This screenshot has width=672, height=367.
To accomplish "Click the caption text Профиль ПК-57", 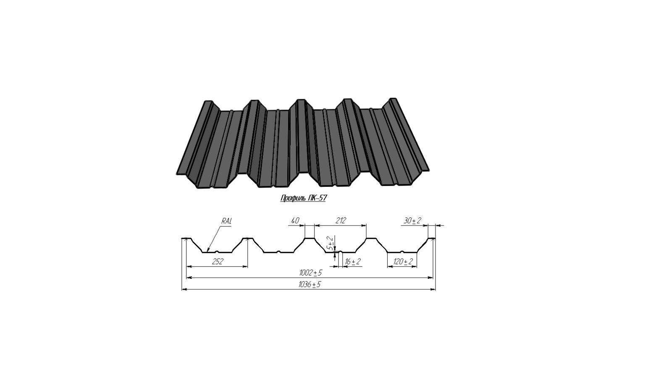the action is [303, 198].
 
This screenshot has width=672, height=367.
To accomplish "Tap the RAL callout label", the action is [226, 221].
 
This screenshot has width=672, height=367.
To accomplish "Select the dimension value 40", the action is [295, 221].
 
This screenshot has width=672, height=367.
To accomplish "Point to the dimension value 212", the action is [341, 221].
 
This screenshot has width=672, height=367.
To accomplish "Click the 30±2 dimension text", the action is [412, 221].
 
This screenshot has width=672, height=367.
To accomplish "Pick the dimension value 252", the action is [218, 262].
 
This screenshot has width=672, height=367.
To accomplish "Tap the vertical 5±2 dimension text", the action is [331, 243].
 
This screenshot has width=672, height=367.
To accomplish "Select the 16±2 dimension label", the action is [353, 262].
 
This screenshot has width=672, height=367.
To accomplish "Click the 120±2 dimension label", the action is [403, 262].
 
